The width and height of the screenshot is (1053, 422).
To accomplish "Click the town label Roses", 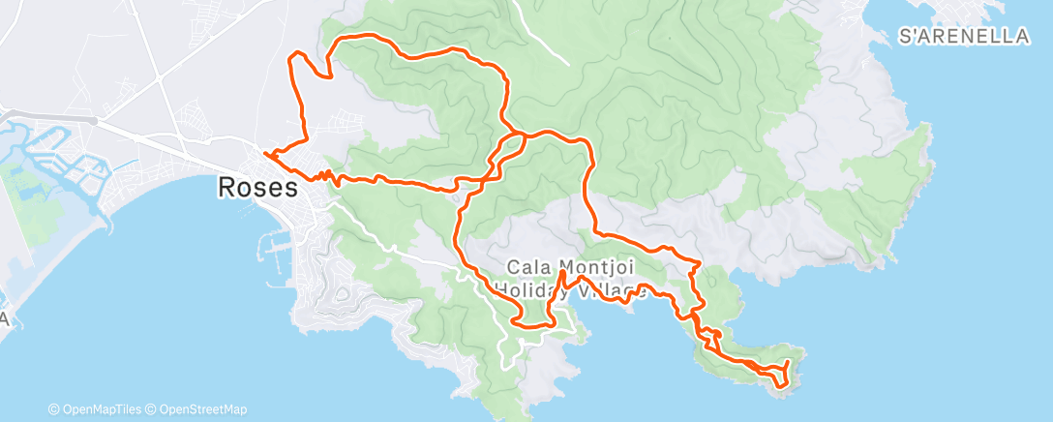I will click(258, 187).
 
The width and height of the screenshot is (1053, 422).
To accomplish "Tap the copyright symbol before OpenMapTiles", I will click(54, 409).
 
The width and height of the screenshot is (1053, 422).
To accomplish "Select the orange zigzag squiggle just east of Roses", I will click(325, 175).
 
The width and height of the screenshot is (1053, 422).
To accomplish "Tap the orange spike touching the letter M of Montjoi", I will click(562, 280).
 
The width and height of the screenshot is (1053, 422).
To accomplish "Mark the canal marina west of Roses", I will click(68, 165).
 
